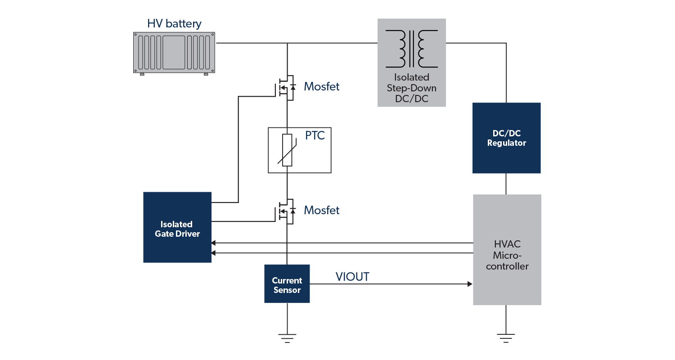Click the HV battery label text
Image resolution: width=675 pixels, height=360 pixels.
click(x=174, y=24)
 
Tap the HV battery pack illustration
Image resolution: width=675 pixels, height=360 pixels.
click(x=174, y=52)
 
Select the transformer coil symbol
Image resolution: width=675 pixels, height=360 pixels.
click(x=411, y=48)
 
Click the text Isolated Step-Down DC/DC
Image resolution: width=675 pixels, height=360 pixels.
click(x=411, y=88)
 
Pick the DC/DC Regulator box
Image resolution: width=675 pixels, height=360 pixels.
click(x=506, y=138)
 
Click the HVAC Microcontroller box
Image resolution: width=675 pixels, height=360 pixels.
click(x=507, y=250)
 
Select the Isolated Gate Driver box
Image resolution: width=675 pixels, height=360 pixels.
click(x=177, y=227)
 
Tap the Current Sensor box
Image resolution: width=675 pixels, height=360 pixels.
click(x=287, y=284)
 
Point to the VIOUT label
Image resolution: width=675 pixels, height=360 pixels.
click(x=352, y=277)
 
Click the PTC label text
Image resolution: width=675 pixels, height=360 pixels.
click(x=315, y=135)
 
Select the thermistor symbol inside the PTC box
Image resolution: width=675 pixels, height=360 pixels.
click(x=287, y=150)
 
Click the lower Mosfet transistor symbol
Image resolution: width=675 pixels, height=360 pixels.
click(x=285, y=211)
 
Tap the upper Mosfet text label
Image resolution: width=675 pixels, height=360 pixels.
click(x=321, y=86)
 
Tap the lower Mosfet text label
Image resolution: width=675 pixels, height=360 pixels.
click(x=321, y=210)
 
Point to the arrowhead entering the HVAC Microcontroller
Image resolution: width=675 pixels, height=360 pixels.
click(x=470, y=284)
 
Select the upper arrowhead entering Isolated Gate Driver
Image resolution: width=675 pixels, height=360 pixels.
click(x=214, y=243)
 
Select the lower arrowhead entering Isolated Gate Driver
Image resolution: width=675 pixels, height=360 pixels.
click(x=214, y=253)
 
